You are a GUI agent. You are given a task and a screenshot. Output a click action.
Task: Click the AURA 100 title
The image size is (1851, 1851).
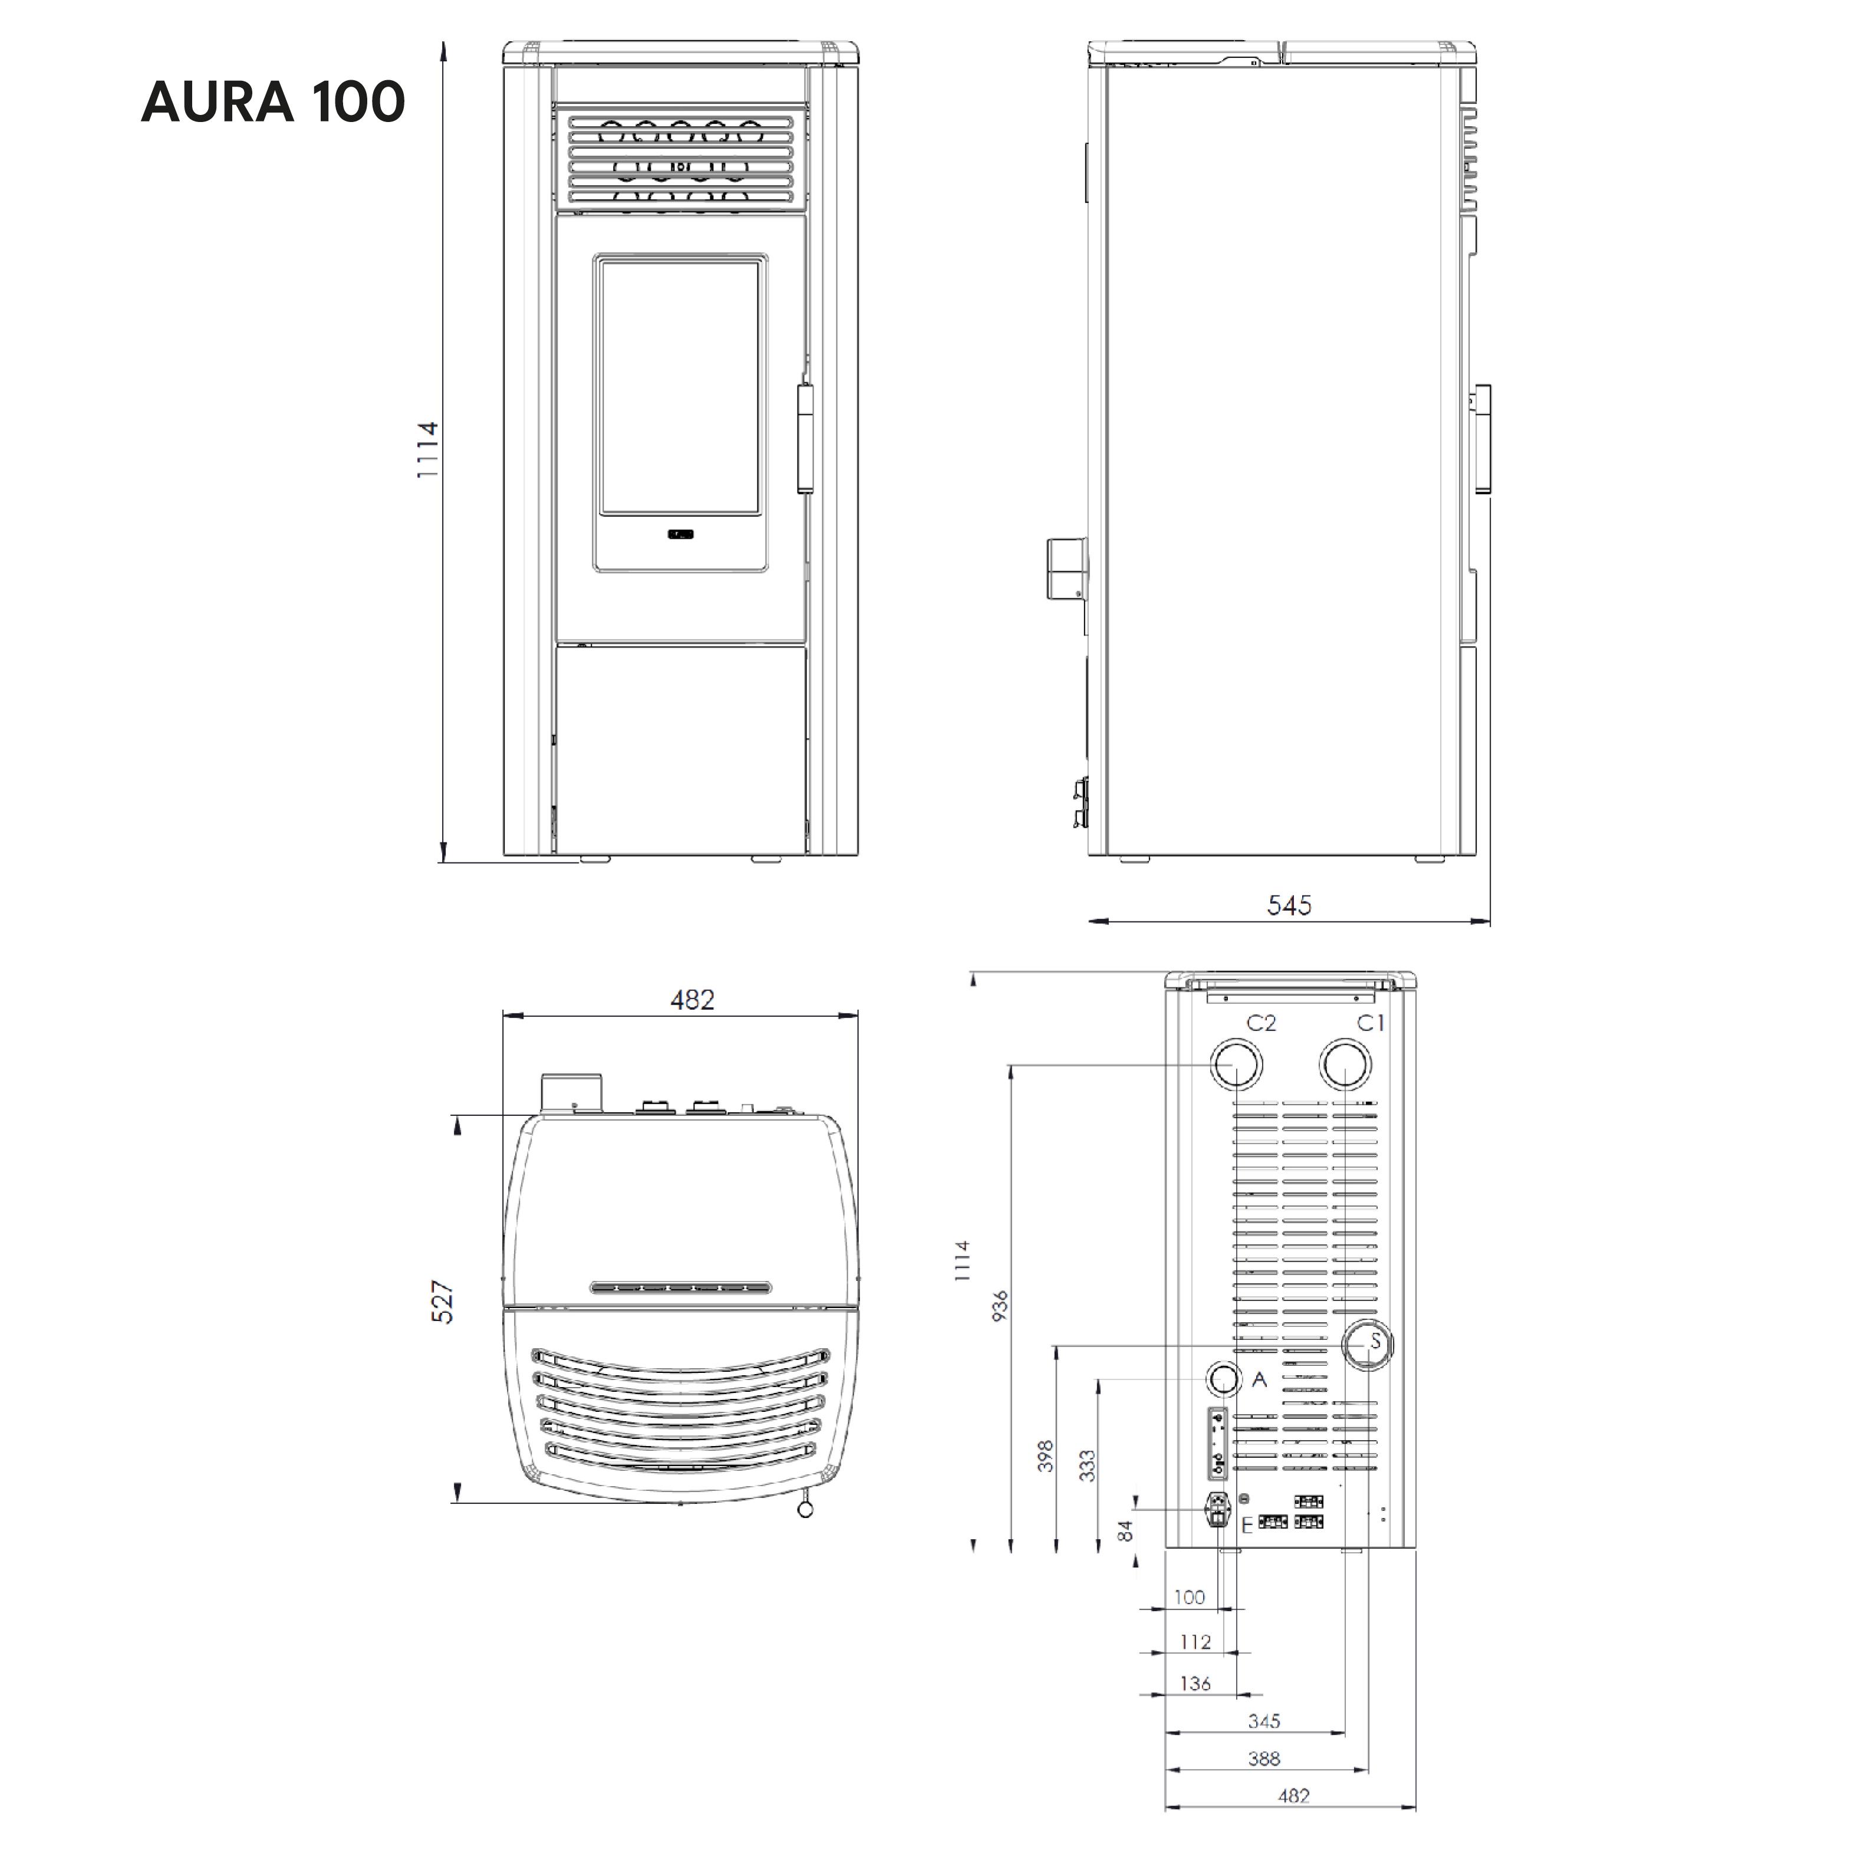coord(273,101)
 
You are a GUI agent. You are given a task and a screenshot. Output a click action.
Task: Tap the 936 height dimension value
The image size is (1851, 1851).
coord(999,1305)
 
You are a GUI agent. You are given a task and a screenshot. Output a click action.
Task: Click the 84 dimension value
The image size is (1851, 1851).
coord(1126,1531)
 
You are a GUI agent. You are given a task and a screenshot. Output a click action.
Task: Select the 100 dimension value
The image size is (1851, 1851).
coord(1189,1597)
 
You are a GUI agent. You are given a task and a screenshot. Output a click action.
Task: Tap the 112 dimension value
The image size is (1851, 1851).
coord(1195,1642)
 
